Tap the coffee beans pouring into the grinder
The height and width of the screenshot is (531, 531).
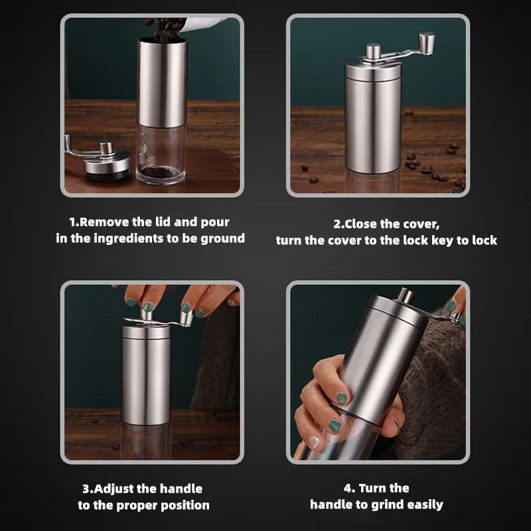(165, 30)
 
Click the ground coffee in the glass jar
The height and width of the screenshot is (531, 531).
(160, 172)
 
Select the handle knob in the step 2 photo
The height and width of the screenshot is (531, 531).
(426, 43)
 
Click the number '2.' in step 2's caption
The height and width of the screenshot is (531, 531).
(339, 224)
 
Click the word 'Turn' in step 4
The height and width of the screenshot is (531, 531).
(372, 489)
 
